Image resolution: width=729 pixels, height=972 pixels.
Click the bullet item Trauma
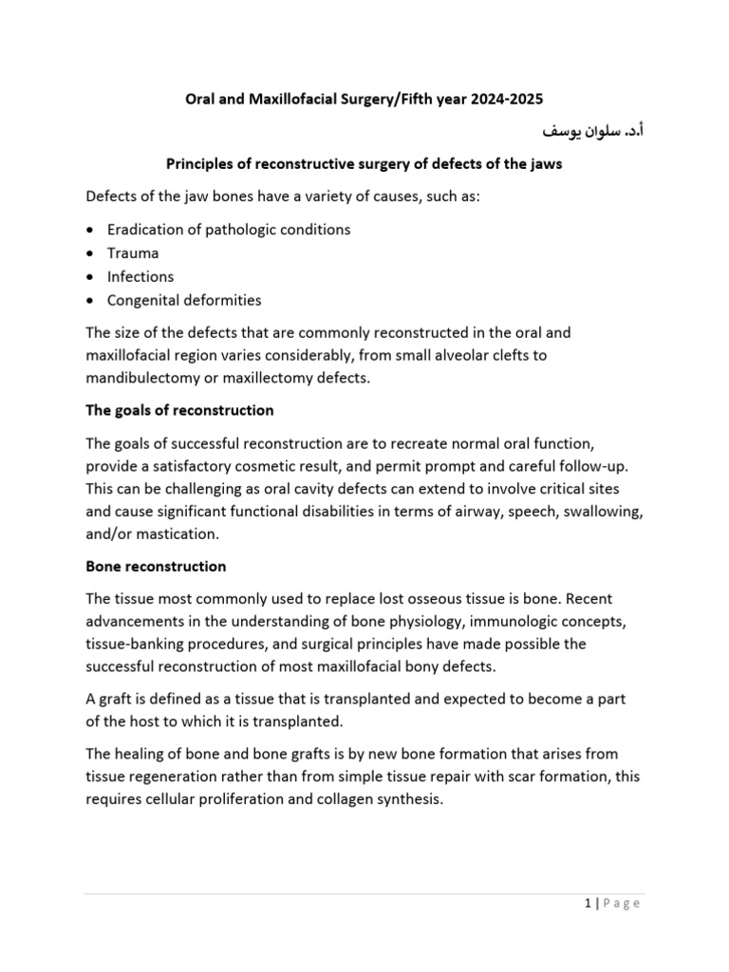(x=133, y=253)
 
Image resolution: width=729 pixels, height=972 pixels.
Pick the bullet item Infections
(x=140, y=277)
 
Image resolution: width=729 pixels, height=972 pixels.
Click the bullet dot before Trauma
(x=89, y=254)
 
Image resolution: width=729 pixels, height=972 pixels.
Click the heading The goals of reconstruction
(x=179, y=411)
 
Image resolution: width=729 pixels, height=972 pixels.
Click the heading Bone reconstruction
(x=156, y=567)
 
